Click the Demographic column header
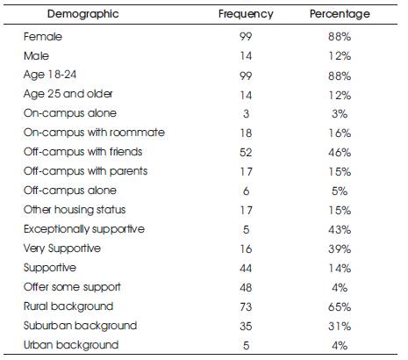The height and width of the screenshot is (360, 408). (83, 14)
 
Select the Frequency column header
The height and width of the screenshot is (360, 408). (246, 14)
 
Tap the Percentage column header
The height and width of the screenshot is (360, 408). (340, 14)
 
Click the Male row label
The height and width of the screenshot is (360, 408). (36, 55)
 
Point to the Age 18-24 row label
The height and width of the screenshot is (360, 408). (50, 75)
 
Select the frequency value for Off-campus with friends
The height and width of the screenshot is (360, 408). (246, 152)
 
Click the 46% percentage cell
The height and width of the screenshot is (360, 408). (340, 152)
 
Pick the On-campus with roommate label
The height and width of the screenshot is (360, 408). (94, 133)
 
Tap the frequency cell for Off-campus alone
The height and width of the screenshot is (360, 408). (246, 191)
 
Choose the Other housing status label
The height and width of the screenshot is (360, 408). (75, 210)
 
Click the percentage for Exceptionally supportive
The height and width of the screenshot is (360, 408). (340, 229)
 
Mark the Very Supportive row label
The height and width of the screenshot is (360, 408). (62, 248)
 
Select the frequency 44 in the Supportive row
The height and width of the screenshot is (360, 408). (246, 268)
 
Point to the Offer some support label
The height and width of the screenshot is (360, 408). (72, 287)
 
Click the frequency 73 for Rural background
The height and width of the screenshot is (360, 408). (246, 306)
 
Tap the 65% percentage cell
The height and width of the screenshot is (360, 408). (340, 306)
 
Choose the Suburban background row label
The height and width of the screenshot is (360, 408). (80, 326)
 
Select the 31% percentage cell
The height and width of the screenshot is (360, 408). (340, 326)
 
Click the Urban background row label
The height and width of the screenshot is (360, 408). (71, 345)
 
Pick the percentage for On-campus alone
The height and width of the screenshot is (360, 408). (340, 113)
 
